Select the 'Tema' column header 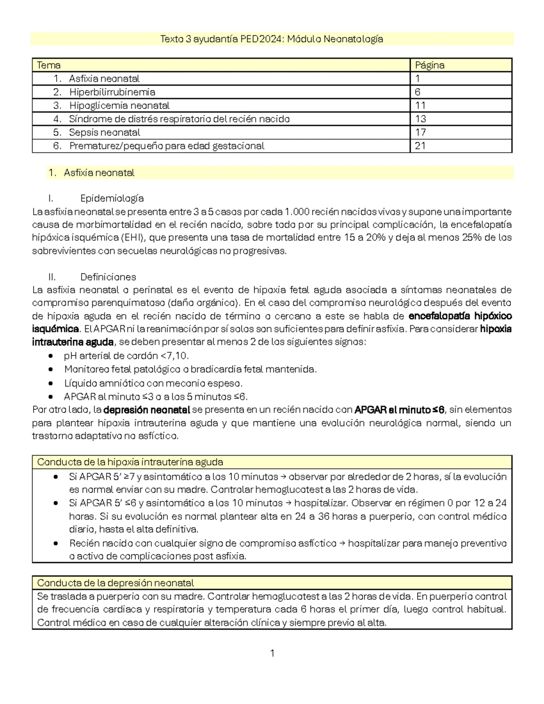click(x=49, y=65)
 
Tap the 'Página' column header click(x=430, y=65)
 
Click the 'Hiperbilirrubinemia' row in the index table click(x=112, y=92)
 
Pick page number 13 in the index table click(x=421, y=119)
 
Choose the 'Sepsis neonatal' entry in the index click(x=105, y=132)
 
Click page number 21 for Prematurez click(x=421, y=146)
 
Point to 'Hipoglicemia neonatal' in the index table click(x=119, y=106)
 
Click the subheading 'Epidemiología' click(x=112, y=198)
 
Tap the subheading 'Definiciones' click(x=108, y=277)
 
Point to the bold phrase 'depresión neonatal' click(x=146, y=410)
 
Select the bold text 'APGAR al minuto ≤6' click(x=399, y=410)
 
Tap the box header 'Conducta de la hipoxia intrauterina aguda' click(x=130, y=462)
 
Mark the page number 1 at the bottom click(x=272, y=653)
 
